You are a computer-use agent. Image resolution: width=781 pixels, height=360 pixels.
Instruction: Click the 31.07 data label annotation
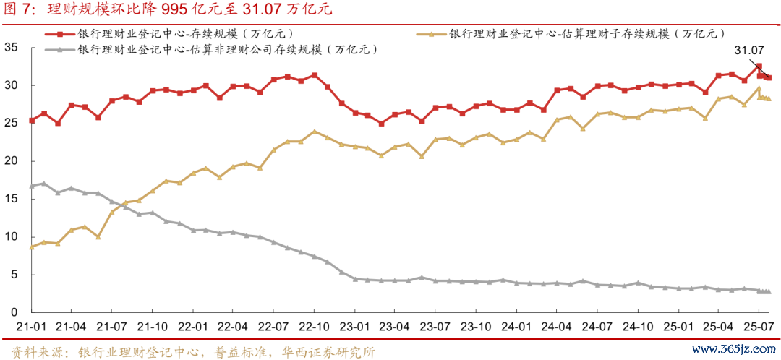[748, 51]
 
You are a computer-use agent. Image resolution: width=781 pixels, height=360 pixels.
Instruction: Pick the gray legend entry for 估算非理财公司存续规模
[217, 49]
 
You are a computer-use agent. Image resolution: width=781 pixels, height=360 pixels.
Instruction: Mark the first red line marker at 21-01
[31, 120]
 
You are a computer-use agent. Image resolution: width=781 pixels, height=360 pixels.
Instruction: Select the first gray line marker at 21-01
[31, 186]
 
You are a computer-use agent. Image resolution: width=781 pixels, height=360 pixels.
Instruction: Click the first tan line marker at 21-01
[31, 247]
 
